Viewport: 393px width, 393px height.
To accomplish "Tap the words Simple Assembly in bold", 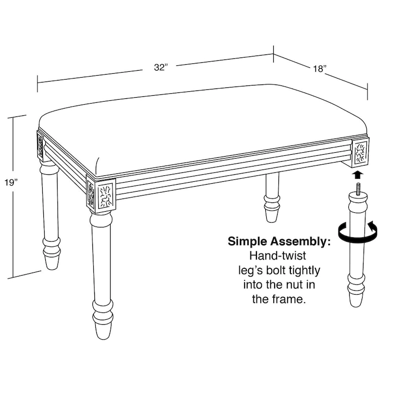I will tap(278, 242).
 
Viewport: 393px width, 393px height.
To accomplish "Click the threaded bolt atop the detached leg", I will tap(357, 187).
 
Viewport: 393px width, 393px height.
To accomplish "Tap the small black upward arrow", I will tap(357, 173).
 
